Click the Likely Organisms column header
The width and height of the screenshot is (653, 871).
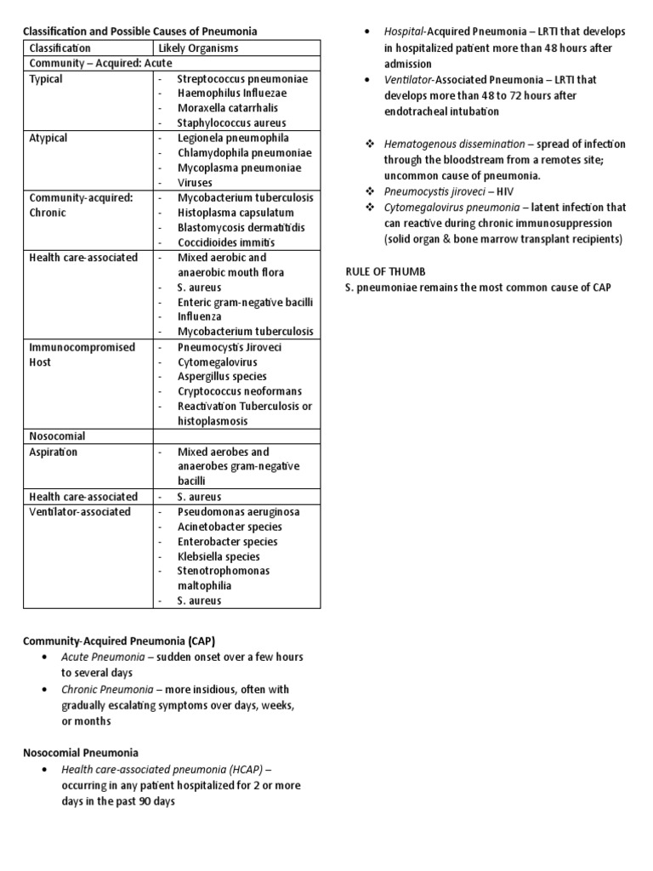click(198, 48)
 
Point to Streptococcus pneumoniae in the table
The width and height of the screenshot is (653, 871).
click(242, 78)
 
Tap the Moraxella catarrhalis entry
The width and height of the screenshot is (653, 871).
click(227, 108)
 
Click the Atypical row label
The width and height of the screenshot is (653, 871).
click(48, 138)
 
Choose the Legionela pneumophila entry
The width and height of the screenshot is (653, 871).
click(233, 138)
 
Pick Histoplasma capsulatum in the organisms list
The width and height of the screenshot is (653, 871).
click(236, 213)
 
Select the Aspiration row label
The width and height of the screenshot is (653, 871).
click(54, 452)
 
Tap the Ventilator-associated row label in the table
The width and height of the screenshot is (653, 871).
click(80, 512)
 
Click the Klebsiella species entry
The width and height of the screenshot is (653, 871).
click(219, 556)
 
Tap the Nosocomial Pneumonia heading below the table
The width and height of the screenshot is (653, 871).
click(80, 753)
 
